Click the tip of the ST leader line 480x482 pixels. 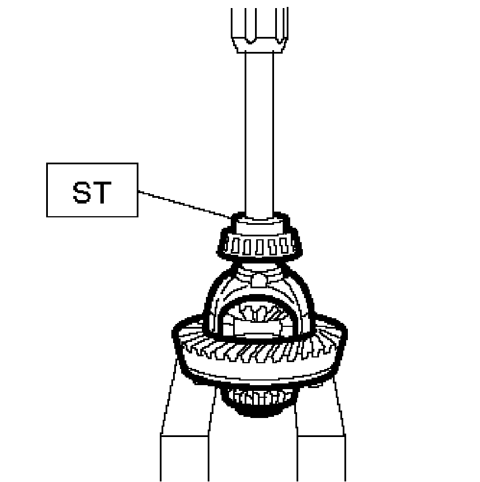[231, 217]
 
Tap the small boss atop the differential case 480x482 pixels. [259, 280]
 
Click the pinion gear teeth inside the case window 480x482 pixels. [260, 314]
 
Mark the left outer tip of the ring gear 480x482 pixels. [174, 333]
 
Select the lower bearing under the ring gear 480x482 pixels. [259, 398]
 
